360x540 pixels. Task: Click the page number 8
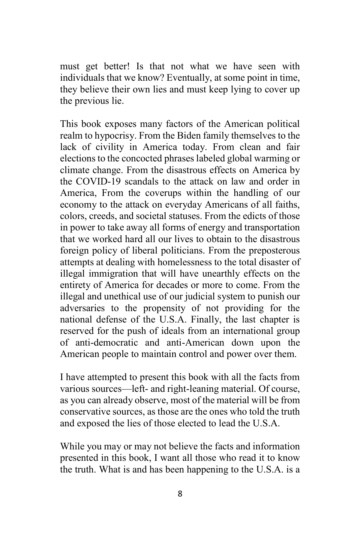(x=180, y=494)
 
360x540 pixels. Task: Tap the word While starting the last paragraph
(x=72, y=447)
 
